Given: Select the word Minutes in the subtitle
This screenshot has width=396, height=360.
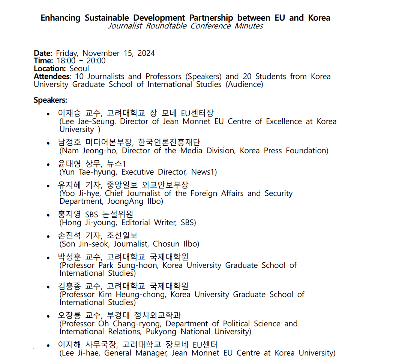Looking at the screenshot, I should tap(249, 26).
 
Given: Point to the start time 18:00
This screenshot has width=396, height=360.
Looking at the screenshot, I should tap(66, 61).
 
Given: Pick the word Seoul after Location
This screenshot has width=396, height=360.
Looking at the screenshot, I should tap(79, 69).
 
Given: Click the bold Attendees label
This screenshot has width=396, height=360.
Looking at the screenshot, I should tap(52, 77).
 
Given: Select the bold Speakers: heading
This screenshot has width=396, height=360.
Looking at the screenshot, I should tap(51, 100).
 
